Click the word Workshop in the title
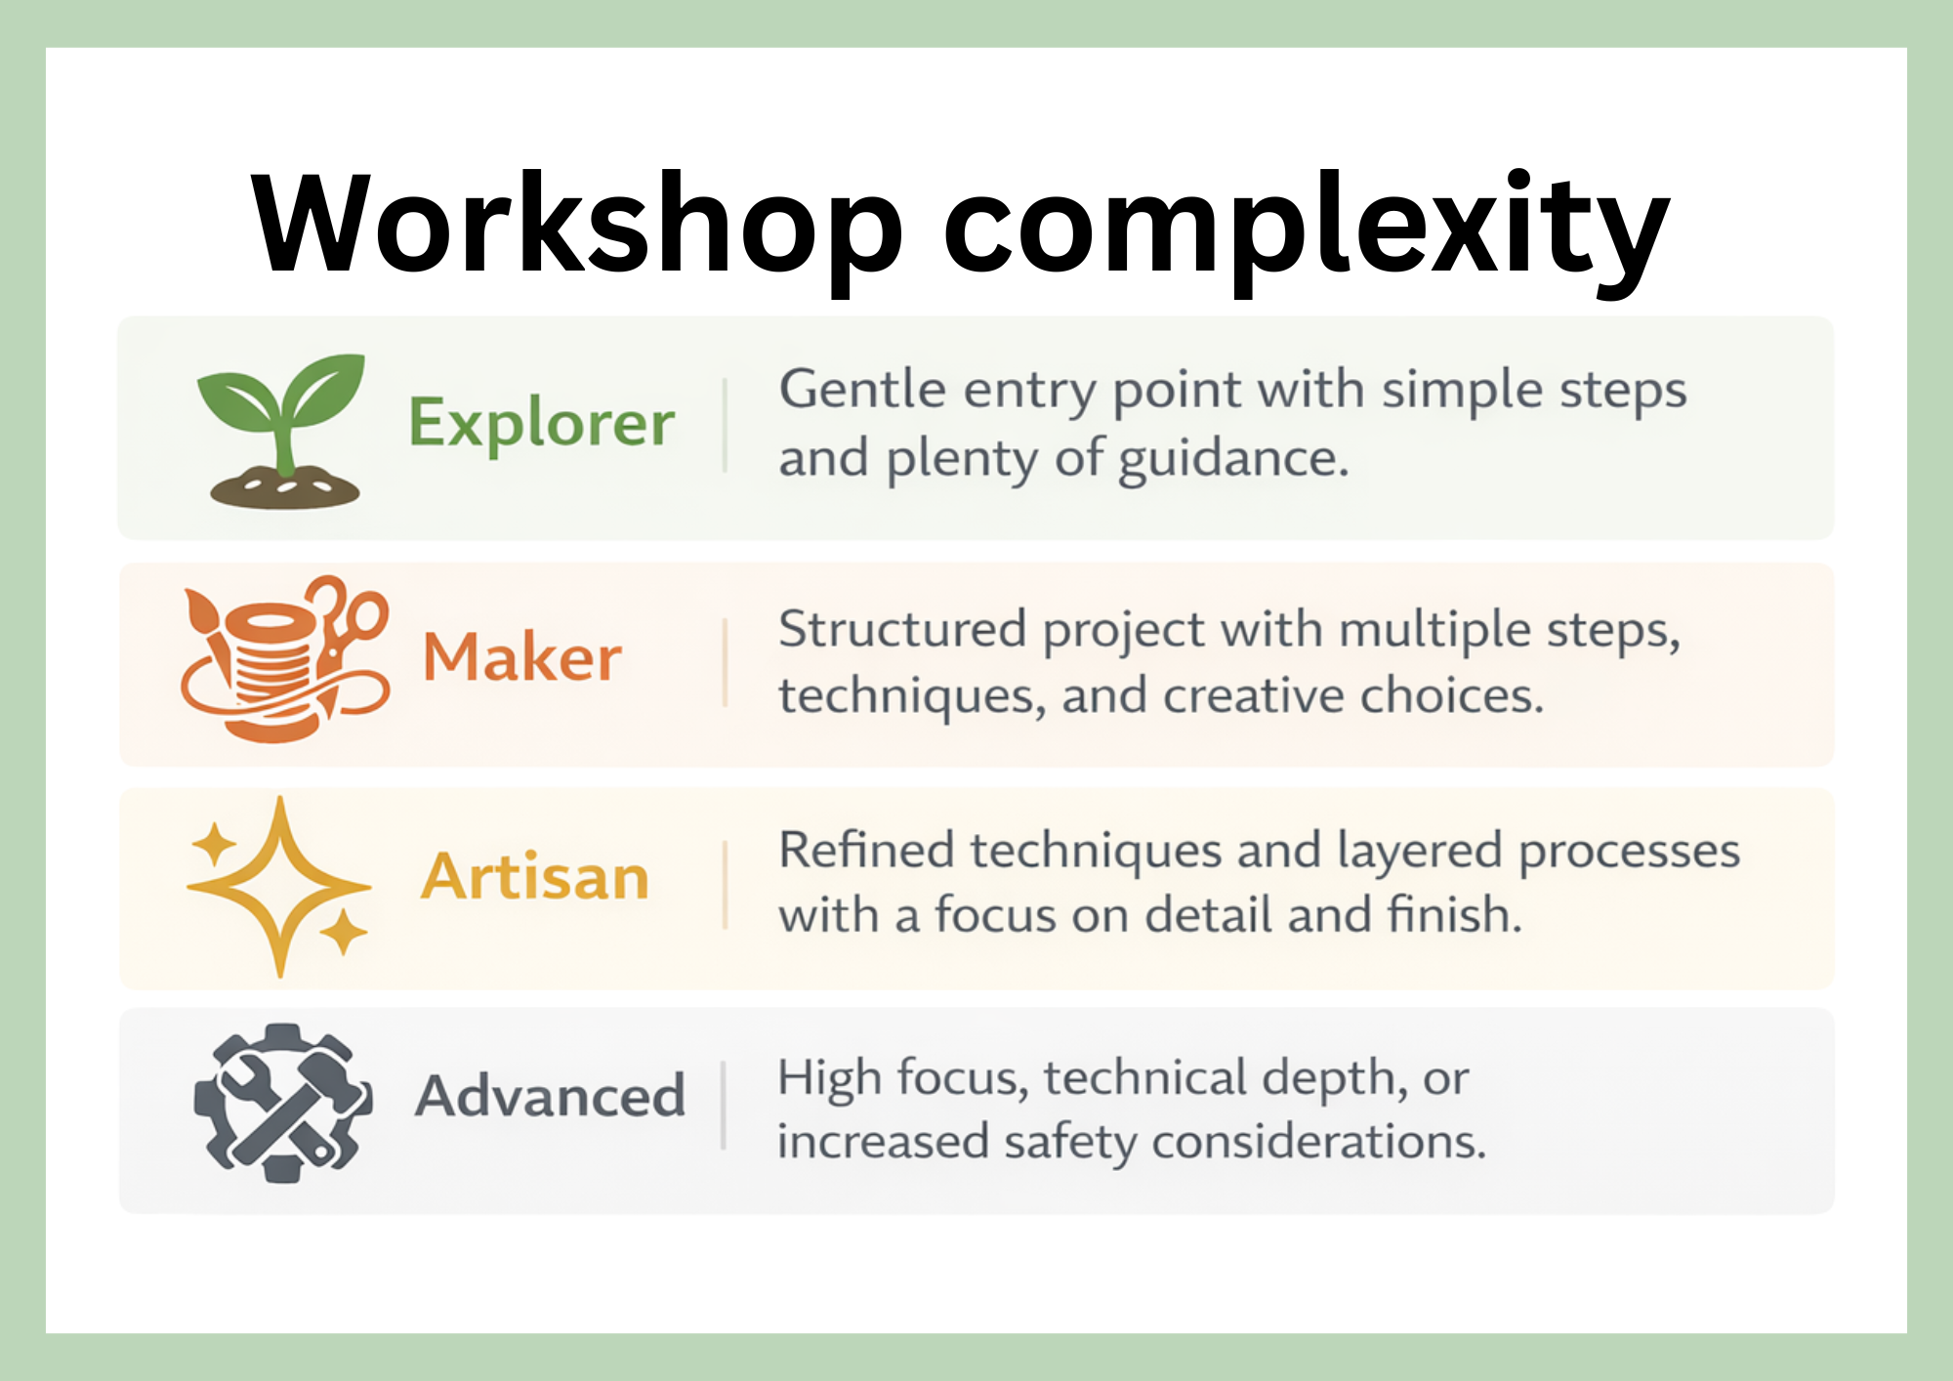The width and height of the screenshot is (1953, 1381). [576, 225]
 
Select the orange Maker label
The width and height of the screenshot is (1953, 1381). [521, 656]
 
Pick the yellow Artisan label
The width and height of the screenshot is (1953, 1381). [535, 876]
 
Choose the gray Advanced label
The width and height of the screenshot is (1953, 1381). [550, 1096]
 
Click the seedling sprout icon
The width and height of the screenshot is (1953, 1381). [282, 410]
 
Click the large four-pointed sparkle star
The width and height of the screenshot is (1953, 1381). [280, 887]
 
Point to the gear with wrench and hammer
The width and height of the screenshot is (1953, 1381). [282, 1104]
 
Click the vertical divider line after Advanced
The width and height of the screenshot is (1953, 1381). [724, 1106]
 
